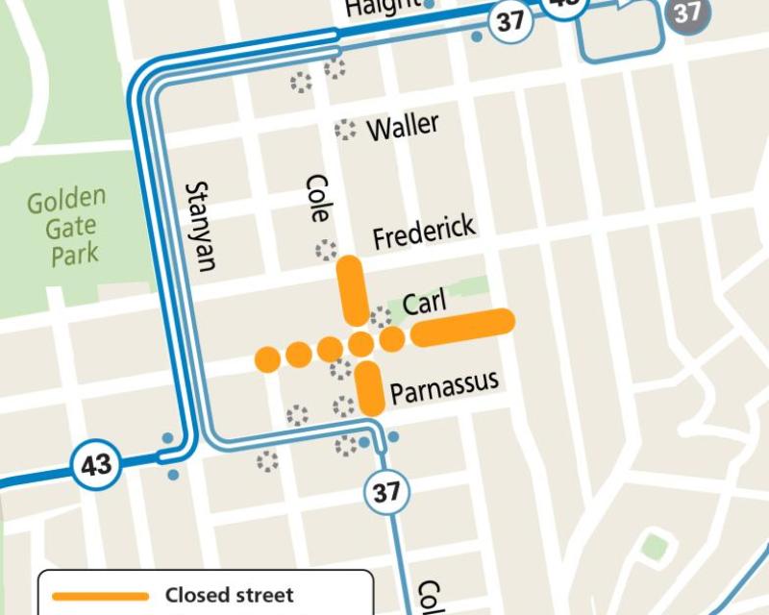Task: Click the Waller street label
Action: [403, 126]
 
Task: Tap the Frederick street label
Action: [424, 232]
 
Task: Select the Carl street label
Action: [425, 304]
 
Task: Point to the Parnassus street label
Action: [444, 385]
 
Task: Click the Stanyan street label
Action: [201, 226]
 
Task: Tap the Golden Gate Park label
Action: [66, 227]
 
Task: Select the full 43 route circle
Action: [96, 466]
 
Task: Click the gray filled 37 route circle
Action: [686, 12]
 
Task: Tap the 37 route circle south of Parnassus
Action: [386, 492]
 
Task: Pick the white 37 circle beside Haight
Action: [509, 21]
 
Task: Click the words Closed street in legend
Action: [229, 596]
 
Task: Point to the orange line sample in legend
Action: [101, 596]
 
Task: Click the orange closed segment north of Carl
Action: [351, 288]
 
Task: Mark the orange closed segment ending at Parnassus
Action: [370, 387]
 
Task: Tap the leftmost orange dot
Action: [268, 359]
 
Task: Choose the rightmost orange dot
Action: [392, 338]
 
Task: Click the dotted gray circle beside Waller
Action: [344, 130]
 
